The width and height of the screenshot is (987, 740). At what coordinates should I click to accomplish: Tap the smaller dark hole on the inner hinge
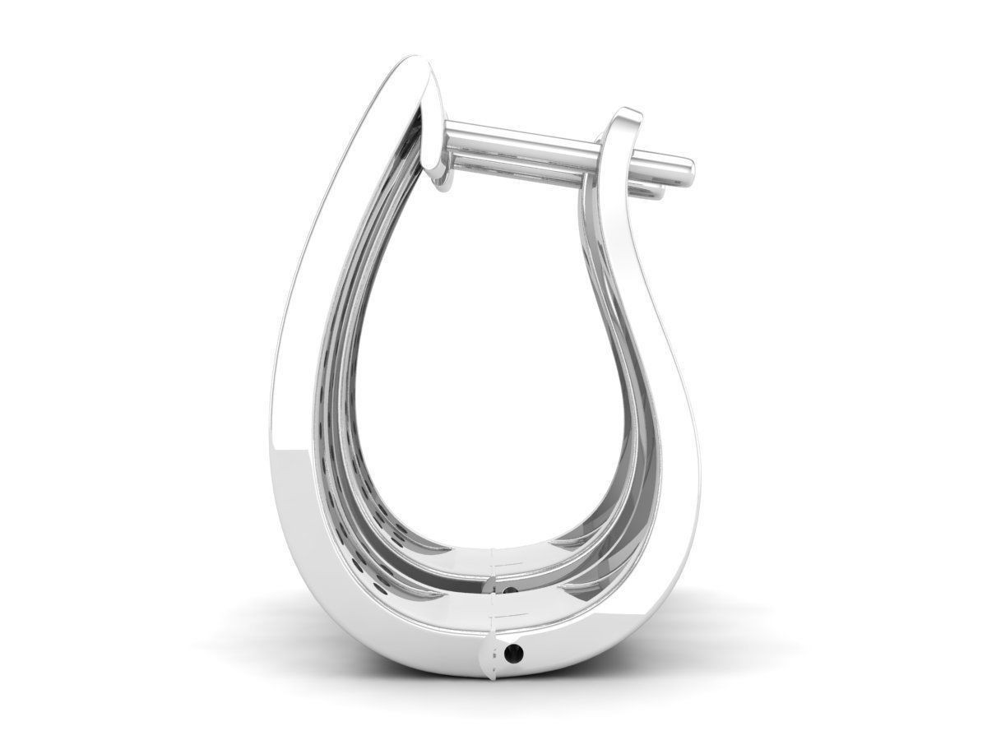click(513, 590)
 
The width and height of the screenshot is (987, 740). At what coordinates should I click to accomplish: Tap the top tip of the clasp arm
click(629, 113)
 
